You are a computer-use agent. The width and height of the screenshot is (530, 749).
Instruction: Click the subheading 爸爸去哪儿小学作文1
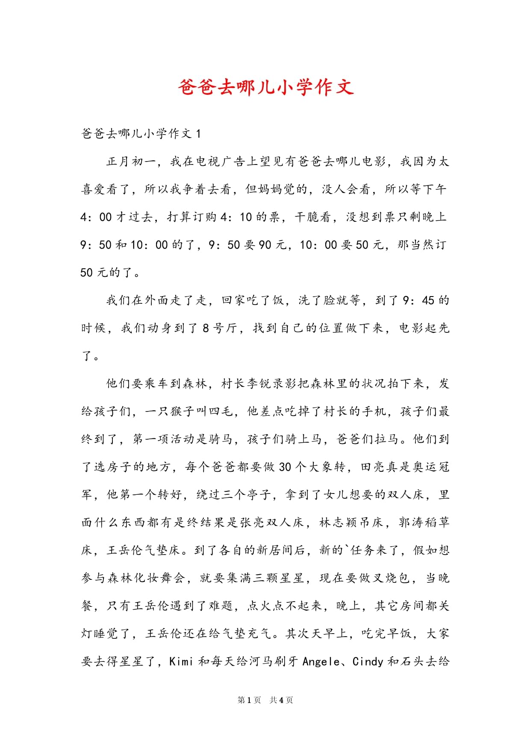click(x=141, y=134)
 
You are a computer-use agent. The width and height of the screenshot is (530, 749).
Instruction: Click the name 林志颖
click(x=338, y=523)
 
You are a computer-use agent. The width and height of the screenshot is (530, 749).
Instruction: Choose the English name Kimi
click(x=181, y=661)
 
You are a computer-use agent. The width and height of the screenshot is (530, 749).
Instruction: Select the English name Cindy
click(x=368, y=661)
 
